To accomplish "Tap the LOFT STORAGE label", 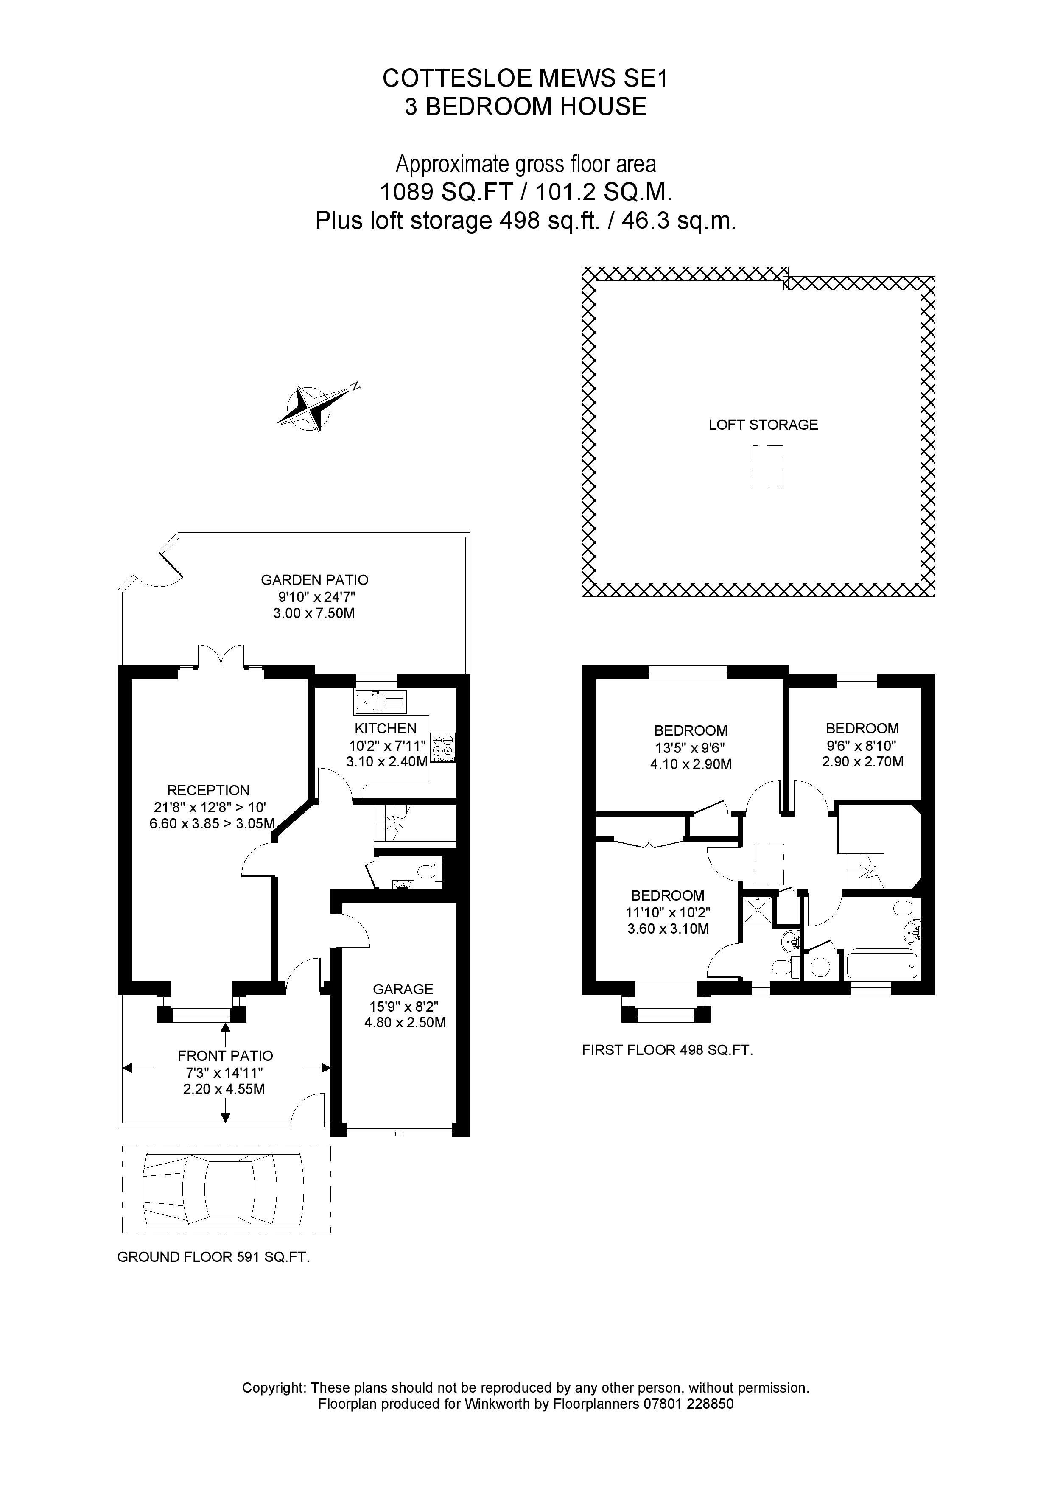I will click(x=763, y=425).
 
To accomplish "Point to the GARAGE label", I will click(x=403, y=989).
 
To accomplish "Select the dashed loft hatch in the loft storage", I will click(x=767, y=466).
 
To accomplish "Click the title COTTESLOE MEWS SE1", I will click(x=525, y=78).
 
